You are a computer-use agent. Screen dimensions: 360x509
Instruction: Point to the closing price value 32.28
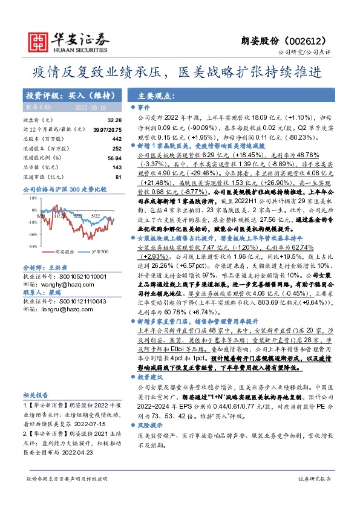[115, 121]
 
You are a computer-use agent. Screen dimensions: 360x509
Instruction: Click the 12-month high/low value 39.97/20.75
[108, 130]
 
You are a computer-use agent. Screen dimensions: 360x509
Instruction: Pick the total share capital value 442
[117, 139]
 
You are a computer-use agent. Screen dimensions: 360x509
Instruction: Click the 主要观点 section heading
[155, 96]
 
